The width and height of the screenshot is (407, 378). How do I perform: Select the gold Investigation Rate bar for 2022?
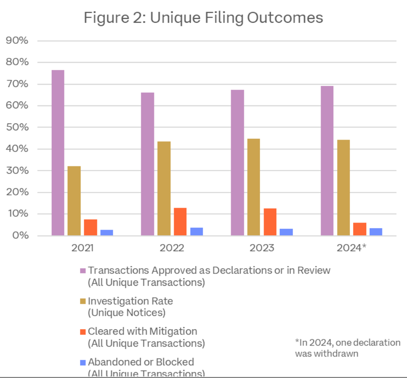click(164, 188)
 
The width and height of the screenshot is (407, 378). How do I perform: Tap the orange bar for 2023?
click(271, 222)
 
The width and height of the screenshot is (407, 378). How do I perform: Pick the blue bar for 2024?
click(376, 232)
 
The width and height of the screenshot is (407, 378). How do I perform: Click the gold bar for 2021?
click(74, 201)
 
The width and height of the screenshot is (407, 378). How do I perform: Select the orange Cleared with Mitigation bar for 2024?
click(360, 229)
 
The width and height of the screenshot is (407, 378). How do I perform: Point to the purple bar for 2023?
click(237, 163)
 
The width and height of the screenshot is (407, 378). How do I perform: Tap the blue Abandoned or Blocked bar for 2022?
click(196, 231)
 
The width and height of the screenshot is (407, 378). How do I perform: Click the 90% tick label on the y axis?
click(17, 41)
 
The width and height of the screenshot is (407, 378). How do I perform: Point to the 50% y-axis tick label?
click(17, 127)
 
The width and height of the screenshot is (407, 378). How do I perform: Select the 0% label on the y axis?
click(20, 236)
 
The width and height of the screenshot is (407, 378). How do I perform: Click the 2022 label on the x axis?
click(172, 248)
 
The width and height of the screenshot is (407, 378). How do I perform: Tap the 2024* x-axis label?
click(351, 248)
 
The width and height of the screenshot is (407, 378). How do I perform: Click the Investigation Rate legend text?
click(130, 301)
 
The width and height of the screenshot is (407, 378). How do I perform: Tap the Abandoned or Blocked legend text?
click(141, 362)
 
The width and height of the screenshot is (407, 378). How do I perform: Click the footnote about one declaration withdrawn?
click(347, 348)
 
